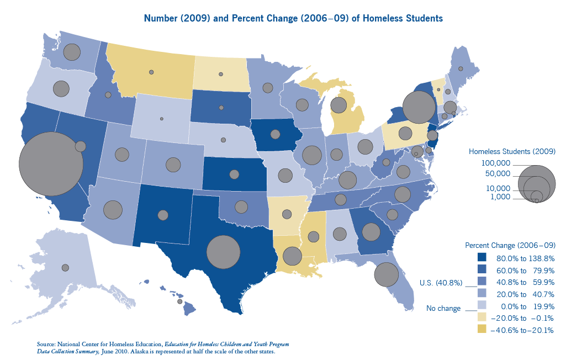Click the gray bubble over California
[51, 164]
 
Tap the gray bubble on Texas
[223, 252]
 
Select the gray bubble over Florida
[387, 274]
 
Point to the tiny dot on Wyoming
[162, 119]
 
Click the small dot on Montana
[151, 72]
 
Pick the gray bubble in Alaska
[65, 267]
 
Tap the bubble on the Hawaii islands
[179, 301]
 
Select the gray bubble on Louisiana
[292, 256]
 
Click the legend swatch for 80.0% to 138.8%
[482, 257]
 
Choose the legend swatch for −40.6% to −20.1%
[482, 330]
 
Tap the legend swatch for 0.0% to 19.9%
[482, 306]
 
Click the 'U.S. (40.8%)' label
[440, 283]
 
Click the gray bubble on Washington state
[72, 52]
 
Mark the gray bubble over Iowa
[275, 134]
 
